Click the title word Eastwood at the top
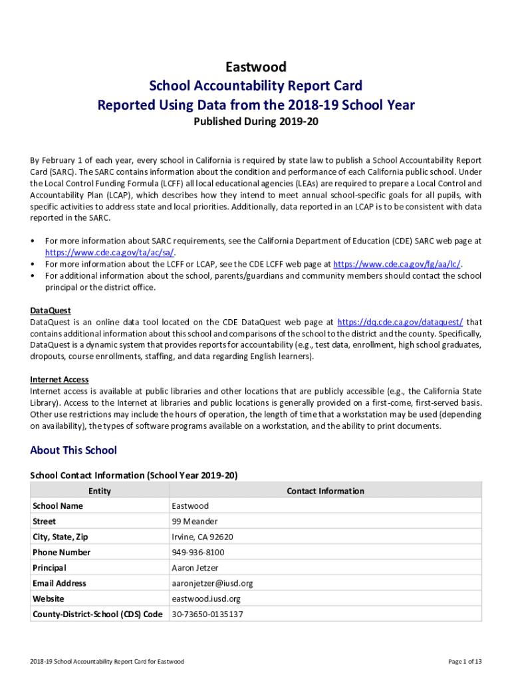[x=256, y=67]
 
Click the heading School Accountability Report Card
[x=256, y=86]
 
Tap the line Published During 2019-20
[x=256, y=122]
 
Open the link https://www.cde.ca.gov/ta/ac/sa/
[x=110, y=253]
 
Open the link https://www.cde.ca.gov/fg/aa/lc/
[x=396, y=264]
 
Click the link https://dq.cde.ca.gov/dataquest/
[x=400, y=322]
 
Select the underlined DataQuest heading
[x=51, y=311]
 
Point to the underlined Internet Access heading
[x=59, y=380]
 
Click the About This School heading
[x=73, y=450]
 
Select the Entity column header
[x=100, y=491]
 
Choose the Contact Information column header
[x=325, y=491]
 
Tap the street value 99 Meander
[x=194, y=521]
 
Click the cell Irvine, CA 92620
[x=202, y=537]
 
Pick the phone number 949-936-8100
[x=198, y=552]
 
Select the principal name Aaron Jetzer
[x=194, y=568]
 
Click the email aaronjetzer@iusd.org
[x=212, y=583]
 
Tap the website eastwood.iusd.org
[x=206, y=599]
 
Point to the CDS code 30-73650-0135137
[x=207, y=614]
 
